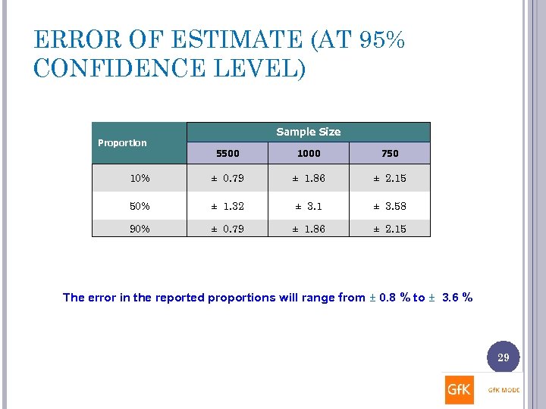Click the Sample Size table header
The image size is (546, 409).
pos(308,132)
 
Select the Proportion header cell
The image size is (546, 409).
pos(122,142)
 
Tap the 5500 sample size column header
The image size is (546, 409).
pos(227,153)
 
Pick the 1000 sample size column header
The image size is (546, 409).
pos(309,153)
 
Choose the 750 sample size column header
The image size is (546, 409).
pos(390,153)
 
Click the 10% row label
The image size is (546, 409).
pos(140,179)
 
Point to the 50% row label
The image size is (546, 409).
pos(140,206)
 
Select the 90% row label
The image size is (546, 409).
pos(140,229)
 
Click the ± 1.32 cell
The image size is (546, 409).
pos(227,206)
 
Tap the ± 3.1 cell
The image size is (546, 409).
pos(309,206)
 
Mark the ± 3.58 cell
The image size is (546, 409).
pos(390,206)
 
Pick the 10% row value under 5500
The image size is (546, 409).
pos(227,179)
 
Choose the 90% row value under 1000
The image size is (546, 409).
pos(309,229)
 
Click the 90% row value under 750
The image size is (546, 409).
pos(390,229)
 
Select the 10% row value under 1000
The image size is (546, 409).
pos(309,179)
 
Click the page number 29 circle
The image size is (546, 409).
pos(503,357)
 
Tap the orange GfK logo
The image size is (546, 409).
pos(460,390)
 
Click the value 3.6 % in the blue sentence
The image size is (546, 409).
pos(457,298)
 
